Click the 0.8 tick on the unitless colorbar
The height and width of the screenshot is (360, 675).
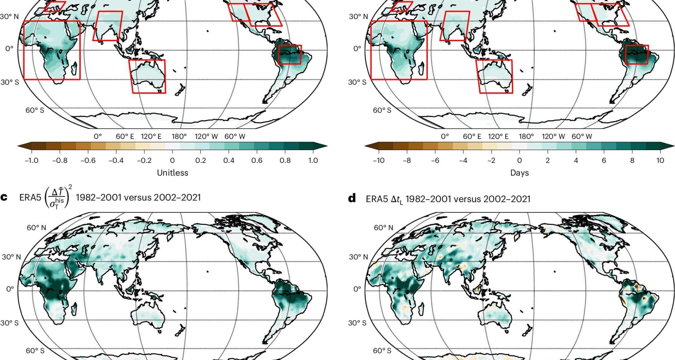pyautogui.click(x=285, y=160)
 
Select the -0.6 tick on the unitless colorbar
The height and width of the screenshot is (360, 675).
pyautogui.click(x=88, y=160)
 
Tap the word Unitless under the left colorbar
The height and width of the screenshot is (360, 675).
pyautogui.click(x=172, y=173)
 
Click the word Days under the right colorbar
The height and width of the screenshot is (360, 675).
pyautogui.click(x=519, y=173)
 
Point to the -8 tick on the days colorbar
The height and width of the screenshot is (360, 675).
pyautogui.click(x=407, y=160)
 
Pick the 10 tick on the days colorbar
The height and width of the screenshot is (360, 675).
pyautogui.click(x=660, y=160)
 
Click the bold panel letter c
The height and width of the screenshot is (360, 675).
pyautogui.click(x=4, y=197)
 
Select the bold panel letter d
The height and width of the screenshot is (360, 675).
pyautogui.click(x=352, y=198)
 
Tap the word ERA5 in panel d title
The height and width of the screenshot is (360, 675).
pyautogui.click(x=377, y=199)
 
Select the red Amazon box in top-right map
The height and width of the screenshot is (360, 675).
pyautogui.click(x=637, y=54)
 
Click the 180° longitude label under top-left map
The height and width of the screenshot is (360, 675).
pyautogui.click(x=179, y=136)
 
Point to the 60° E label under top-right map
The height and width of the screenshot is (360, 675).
pyautogui.click(x=472, y=136)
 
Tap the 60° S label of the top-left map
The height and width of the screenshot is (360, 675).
pyautogui.click(x=34, y=110)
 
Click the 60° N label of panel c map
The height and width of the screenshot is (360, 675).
pyautogui.click(x=36, y=228)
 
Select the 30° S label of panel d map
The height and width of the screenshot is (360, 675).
pyautogui.click(x=357, y=323)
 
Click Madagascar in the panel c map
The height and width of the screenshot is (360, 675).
pyautogui.click(x=74, y=309)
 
